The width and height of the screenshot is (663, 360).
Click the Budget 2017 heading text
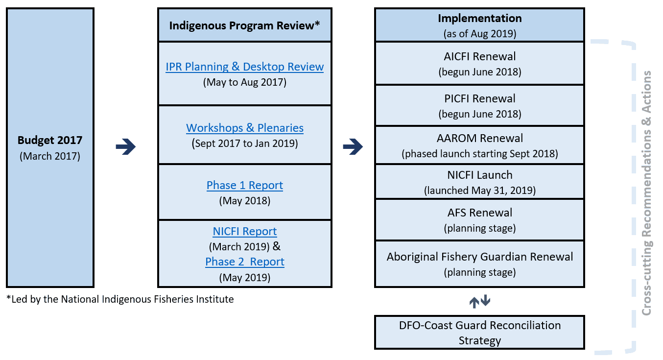(50, 140)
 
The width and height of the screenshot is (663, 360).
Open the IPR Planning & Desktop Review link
(244, 67)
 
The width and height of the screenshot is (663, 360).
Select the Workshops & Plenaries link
(244, 128)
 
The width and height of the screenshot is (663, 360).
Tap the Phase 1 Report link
(244, 185)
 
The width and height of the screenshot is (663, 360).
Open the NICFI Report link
(244, 231)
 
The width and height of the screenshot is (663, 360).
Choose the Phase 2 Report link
(244, 262)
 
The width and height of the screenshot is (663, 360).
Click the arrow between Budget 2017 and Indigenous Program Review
(126, 146)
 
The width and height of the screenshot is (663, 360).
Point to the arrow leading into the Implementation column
(353, 146)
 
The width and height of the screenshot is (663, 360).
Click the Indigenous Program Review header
(244, 25)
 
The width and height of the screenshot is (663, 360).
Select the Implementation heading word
(479, 18)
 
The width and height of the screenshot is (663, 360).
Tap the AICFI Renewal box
(479, 64)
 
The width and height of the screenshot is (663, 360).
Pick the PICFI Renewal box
(479, 106)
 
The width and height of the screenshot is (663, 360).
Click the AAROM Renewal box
(479, 145)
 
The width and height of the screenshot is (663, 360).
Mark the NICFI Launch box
(479, 182)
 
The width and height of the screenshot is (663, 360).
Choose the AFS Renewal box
(479, 220)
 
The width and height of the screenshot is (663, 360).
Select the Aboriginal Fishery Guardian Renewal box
(479, 264)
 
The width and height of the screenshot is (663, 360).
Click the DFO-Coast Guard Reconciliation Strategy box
(479, 333)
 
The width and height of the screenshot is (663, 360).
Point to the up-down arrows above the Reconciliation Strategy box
(479, 301)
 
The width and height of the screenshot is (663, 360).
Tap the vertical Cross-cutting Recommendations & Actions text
(646, 192)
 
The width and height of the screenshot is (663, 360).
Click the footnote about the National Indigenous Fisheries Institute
(120, 299)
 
